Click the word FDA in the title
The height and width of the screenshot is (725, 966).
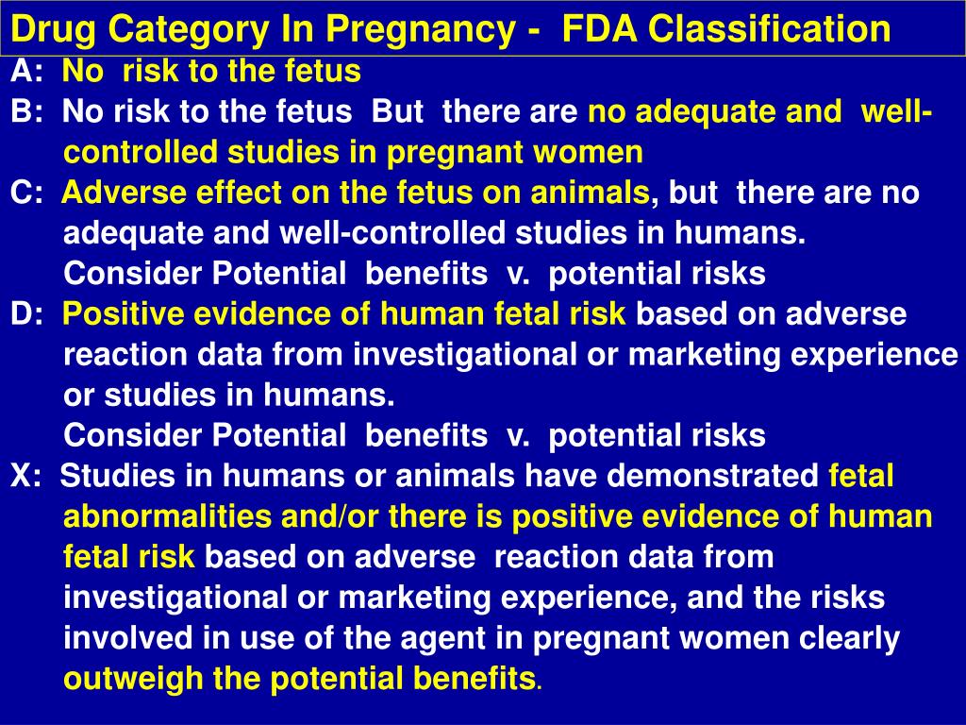(x=592, y=29)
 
